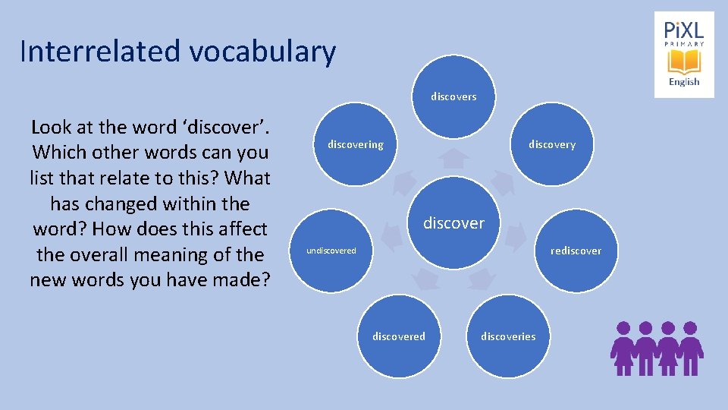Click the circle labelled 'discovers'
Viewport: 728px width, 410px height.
point(453,93)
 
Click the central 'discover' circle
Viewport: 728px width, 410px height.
point(453,222)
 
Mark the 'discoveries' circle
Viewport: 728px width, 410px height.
point(508,336)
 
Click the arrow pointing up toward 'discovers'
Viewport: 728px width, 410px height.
point(453,159)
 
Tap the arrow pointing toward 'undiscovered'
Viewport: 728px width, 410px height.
point(391,238)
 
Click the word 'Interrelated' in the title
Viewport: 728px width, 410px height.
point(100,52)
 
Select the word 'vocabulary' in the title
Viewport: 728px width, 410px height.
point(262,52)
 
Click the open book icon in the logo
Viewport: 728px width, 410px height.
point(684,61)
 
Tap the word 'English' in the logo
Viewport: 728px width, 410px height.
point(684,82)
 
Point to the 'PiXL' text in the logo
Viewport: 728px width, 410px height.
point(684,30)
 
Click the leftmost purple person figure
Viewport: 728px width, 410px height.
point(623,348)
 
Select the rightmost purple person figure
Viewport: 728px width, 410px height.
point(690,348)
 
